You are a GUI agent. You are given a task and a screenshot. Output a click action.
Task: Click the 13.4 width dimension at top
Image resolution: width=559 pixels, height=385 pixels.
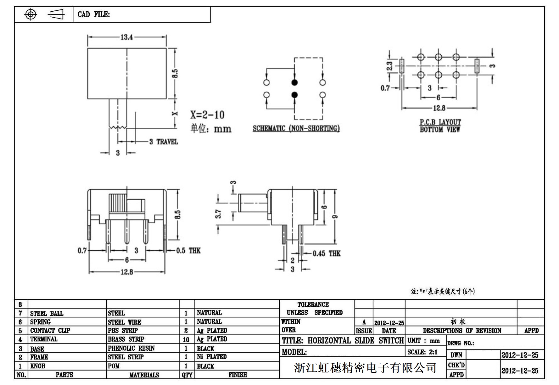point(127,37)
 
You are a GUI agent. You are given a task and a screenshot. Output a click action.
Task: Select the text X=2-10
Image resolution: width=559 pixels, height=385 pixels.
point(207,115)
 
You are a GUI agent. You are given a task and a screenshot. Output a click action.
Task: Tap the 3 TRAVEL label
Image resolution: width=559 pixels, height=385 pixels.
point(164,142)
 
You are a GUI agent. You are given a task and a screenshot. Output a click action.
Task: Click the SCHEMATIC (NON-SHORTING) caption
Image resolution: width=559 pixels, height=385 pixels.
point(296,128)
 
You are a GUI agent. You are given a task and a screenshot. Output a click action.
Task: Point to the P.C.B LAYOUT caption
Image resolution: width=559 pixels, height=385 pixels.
point(440,122)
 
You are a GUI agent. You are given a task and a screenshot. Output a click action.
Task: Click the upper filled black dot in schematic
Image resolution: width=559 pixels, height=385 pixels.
point(294,82)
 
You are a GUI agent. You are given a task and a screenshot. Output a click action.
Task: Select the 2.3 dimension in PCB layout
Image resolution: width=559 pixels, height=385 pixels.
point(390,66)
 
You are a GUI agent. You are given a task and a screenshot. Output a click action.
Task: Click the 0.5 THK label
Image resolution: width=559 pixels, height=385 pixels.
point(188,251)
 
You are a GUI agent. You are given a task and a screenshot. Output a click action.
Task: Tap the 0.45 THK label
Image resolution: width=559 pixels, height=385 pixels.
point(327,254)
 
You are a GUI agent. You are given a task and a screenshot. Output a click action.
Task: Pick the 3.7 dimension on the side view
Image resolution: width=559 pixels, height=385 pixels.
point(218,214)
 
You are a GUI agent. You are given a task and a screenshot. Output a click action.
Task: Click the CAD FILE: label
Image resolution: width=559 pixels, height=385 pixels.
point(94,14)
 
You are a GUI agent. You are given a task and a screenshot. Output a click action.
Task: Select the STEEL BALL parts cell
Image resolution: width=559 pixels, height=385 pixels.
point(47,313)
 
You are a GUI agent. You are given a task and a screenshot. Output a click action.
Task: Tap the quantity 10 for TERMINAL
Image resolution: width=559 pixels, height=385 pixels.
point(186,340)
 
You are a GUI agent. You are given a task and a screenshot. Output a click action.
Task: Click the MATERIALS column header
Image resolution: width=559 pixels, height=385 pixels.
point(144,375)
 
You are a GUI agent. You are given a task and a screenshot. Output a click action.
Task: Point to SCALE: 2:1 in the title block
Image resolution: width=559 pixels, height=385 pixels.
point(422,352)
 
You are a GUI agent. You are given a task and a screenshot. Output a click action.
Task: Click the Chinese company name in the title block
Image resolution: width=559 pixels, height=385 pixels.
point(365,367)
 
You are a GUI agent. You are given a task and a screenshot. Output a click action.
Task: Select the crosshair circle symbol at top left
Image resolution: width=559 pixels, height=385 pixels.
point(31,14)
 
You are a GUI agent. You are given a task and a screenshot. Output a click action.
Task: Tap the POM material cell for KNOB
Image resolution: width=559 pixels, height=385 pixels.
point(114,366)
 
